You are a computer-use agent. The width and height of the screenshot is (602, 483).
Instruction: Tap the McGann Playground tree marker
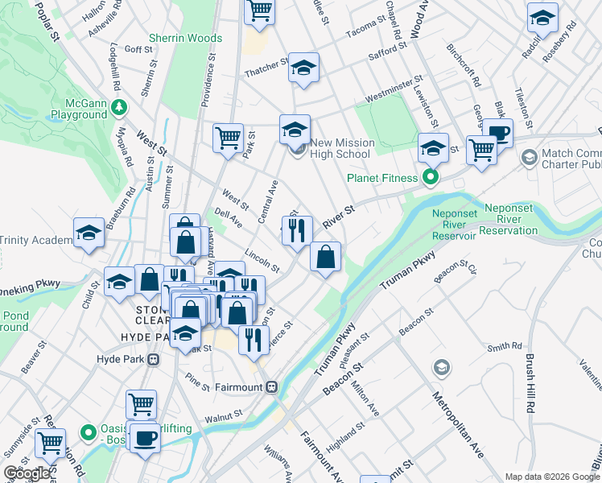(119, 106)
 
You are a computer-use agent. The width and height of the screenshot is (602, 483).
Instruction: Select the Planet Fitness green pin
(431, 177)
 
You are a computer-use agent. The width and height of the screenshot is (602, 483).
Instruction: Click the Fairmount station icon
(272, 386)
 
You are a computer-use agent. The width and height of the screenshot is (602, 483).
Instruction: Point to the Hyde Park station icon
(153, 359)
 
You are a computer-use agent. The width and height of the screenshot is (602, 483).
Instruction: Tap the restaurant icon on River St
(297, 230)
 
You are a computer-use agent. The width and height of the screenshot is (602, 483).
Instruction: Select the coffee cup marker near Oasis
(145, 439)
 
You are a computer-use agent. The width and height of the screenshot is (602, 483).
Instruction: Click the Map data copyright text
(551, 476)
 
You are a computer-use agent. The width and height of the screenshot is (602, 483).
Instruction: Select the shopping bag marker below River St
(325, 258)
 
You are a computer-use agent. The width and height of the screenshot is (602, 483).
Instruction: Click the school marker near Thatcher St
(303, 68)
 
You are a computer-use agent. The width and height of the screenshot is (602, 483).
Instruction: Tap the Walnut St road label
(223, 415)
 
